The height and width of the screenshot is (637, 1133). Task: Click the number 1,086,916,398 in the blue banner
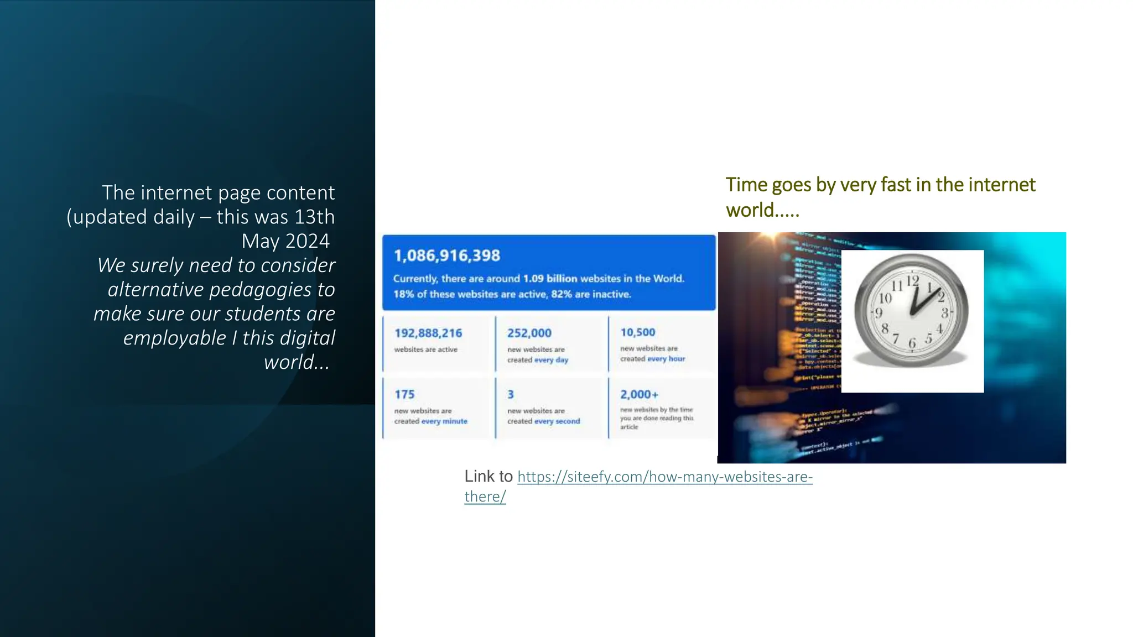[x=447, y=255]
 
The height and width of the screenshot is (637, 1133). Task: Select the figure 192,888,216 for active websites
[x=428, y=333]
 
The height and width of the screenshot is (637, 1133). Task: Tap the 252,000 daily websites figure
[x=529, y=333]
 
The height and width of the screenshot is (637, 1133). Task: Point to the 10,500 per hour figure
[x=638, y=332]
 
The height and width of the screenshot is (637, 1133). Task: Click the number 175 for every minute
[x=404, y=394]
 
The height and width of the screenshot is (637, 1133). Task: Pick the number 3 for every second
[x=511, y=394]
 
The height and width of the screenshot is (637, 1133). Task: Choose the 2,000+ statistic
[x=640, y=394]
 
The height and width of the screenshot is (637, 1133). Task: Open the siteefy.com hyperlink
[x=664, y=477]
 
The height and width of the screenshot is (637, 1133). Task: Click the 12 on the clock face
[x=913, y=280]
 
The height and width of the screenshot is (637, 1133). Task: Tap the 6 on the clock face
[x=912, y=343]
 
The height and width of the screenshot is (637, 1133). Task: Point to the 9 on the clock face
[x=879, y=313]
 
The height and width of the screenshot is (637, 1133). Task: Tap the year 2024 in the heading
[x=307, y=241]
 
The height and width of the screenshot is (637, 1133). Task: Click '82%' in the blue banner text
[x=562, y=294]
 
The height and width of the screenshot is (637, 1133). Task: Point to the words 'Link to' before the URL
[x=488, y=476]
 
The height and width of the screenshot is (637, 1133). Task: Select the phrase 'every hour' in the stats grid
[x=666, y=359]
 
